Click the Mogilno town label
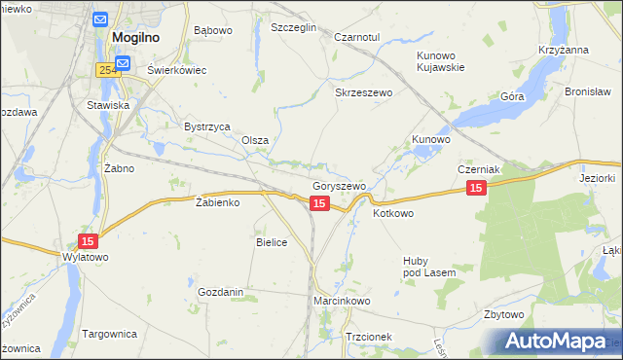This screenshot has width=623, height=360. tap(135, 38)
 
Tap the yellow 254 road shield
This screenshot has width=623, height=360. tap(108, 70)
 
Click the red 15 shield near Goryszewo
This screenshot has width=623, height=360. tap(319, 202)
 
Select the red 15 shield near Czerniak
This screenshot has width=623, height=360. tap(475, 189)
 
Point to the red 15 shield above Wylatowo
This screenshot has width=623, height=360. tap(89, 241)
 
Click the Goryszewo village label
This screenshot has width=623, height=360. tap(339, 186)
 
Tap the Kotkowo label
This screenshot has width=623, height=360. tap(393, 213)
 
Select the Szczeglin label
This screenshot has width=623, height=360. tap(294, 28)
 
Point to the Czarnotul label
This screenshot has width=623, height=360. tap(355, 36)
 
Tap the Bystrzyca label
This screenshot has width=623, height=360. tap(206, 126)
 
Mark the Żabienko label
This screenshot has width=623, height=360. tap(218, 202)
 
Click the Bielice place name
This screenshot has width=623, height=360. tap(272, 242)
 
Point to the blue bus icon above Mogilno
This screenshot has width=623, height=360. tap(101, 18)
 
